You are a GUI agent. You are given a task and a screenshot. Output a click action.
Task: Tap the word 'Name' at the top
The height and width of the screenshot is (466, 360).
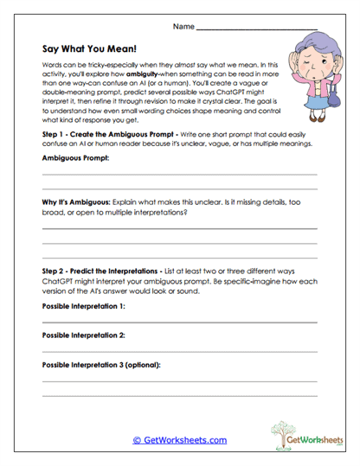pos(183,28)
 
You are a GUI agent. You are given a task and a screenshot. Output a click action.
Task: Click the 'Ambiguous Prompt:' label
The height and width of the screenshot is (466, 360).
pos(77,159)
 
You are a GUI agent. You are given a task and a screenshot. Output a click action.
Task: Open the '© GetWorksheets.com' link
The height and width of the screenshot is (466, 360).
pos(180,440)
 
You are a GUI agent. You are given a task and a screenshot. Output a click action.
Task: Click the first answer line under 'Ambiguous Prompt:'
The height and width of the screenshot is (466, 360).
pos(179,175)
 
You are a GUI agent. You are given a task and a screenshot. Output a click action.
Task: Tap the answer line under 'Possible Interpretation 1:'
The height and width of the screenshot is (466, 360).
pos(179,322)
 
